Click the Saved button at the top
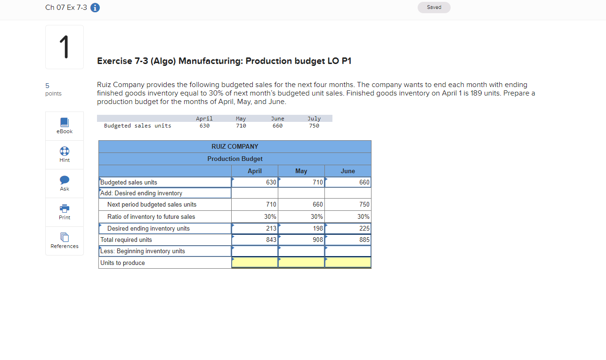(434, 8)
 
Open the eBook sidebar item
(65, 126)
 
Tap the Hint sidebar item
(65, 154)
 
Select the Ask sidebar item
(65, 183)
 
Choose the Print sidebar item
(65, 212)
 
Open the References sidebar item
(65, 240)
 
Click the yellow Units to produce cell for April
(255, 263)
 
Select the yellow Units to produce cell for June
(348, 263)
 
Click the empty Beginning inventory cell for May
(301, 251)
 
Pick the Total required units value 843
(270, 240)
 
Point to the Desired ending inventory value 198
(317, 228)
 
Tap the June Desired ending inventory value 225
(364, 228)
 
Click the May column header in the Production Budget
(301, 171)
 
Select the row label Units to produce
(123, 263)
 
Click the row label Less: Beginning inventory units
(143, 251)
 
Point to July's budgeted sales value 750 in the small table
(314, 126)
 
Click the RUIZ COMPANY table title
(235, 146)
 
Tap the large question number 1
(65, 47)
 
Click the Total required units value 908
(317, 240)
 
